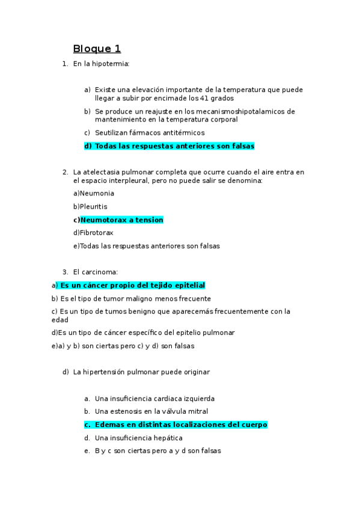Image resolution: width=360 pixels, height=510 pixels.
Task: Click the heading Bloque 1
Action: tap(97, 49)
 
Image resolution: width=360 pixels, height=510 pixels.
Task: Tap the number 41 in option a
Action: tap(208, 98)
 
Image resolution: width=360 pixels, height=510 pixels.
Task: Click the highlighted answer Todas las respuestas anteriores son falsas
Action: tap(169, 146)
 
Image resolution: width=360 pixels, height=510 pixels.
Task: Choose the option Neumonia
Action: tap(94, 194)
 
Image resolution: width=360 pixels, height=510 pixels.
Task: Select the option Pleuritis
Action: tap(91, 207)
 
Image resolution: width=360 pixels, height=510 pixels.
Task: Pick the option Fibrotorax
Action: tap(94, 233)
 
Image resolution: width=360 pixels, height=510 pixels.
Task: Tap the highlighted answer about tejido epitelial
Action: tap(132, 285)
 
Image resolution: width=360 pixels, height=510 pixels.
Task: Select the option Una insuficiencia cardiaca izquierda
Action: tap(154, 398)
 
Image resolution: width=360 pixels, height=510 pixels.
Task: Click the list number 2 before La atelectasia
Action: tap(64, 172)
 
